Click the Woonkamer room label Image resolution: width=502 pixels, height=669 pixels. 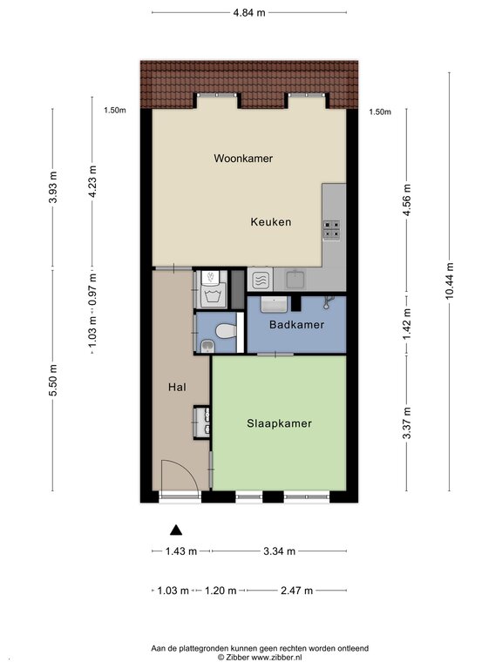pyautogui.click(x=243, y=159)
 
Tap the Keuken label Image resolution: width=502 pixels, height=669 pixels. pyautogui.click(x=271, y=222)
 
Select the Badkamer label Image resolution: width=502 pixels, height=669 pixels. pyautogui.click(x=296, y=325)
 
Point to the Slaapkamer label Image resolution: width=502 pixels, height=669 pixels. pyautogui.click(x=279, y=423)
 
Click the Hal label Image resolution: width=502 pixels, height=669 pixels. pyautogui.click(x=177, y=387)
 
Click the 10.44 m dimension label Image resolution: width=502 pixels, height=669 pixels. pyautogui.click(x=450, y=281)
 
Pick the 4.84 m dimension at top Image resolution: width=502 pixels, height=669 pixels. pyautogui.click(x=249, y=13)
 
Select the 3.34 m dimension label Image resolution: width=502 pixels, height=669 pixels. pyautogui.click(x=279, y=551)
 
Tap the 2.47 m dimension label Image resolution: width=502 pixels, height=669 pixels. pyautogui.click(x=296, y=591)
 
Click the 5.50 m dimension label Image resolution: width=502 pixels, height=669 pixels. pyautogui.click(x=53, y=381)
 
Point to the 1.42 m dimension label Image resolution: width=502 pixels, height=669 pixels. pyautogui.click(x=407, y=324)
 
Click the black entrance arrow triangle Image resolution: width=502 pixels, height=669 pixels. pyautogui.click(x=176, y=530)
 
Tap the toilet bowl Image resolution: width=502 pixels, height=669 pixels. pyautogui.click(x=227, y=331)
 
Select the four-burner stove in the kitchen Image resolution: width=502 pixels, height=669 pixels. pyautogui.click(x=331, y=229)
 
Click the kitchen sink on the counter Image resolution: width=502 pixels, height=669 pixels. pyautogui.click(x=295, y=279)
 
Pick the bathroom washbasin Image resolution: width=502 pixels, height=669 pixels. pyautogui.click(x=273, y=304)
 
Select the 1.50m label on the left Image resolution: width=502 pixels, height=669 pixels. pyautogui.click(x=115, y=110)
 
